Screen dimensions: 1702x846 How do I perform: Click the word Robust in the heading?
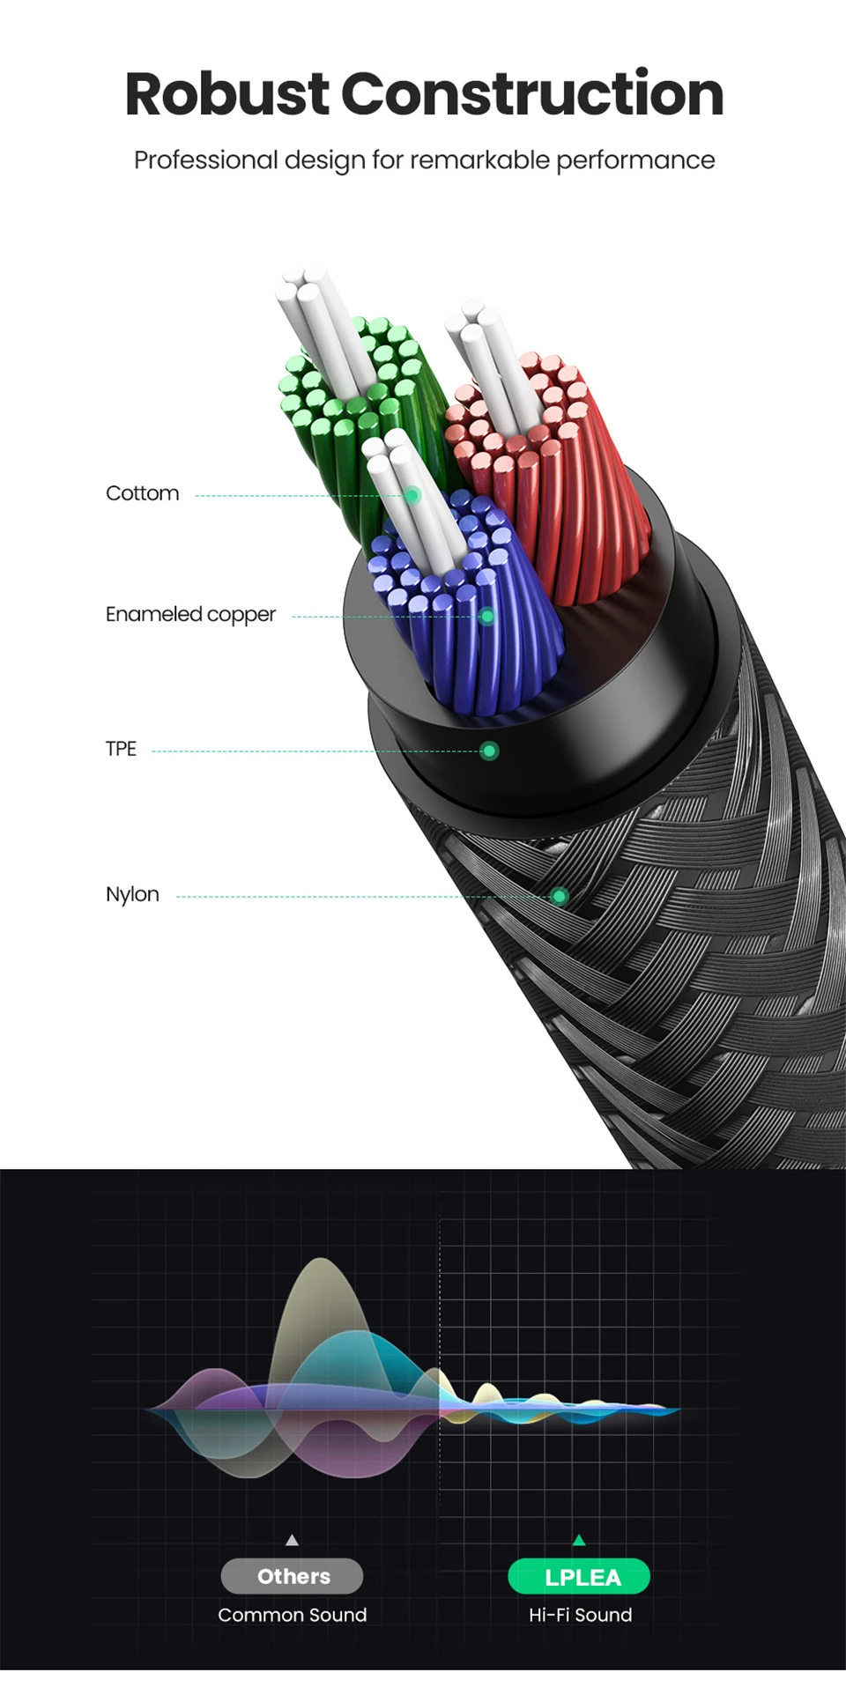[226, 94]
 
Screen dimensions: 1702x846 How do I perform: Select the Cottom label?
[142, 493]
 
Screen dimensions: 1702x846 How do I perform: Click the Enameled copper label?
[190, 614]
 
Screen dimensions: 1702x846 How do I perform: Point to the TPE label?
[121, 749]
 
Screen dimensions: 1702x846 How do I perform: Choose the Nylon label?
[132, 894]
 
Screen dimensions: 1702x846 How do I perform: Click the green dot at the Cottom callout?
[412, 496]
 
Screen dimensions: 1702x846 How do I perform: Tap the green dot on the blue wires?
[487, 617]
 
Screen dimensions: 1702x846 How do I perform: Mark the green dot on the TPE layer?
[489, 751]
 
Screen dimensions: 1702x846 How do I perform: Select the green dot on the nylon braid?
[560, 897]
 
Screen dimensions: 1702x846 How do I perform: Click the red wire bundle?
[564, 493]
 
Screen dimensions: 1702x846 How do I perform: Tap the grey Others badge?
[293, 1576]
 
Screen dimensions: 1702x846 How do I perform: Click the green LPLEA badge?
[579, 1576]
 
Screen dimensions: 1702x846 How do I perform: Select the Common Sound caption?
[293, 1615]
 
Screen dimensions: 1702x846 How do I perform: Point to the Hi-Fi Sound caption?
[580, 1615]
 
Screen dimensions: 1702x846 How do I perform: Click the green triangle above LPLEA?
[579, 1540]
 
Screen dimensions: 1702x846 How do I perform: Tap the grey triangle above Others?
[292, 1540]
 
